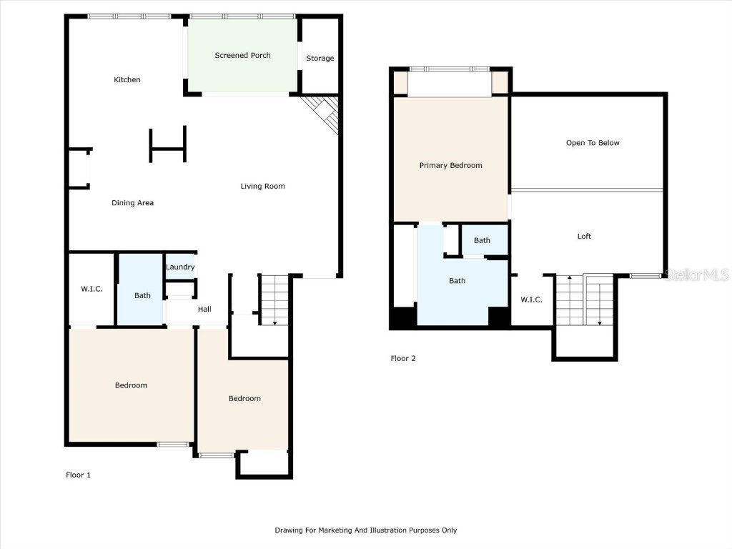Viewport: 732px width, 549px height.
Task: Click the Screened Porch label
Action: pyautogui.click(x=242, y=55)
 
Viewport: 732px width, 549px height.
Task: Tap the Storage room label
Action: pyautogui.click(x=320, y=59)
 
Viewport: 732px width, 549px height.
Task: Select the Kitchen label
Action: pyautogui.click(x=127, y=79)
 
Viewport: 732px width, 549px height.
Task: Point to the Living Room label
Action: pyautogui.click(x=262, y=187)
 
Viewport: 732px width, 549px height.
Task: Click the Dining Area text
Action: pyautogui.click(x=132, y=203)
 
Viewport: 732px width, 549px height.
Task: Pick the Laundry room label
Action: pyautogui.click(x=180, y=267)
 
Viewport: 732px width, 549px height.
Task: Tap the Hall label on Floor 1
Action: pyautogui.click(x=204, y=310)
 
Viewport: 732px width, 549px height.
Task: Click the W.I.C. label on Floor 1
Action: pyautogui.click(x=91, y=290)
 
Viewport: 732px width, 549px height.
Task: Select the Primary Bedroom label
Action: pyautogui.click(x=450, y=165)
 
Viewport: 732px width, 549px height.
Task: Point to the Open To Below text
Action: pyautogui.click(x=593, y=143)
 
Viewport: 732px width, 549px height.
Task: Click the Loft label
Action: pyautogui.click(x=584, y=237)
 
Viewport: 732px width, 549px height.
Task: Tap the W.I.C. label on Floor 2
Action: pyautogui.click(x=531, y=300)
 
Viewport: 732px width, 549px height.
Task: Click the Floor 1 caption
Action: pyautogui.click(x=78, y=475)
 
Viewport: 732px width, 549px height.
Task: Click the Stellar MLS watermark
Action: pyautogui.click(x=696, y=274)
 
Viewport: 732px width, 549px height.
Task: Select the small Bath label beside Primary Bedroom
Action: pyautogui.click(x=482, y=240)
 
